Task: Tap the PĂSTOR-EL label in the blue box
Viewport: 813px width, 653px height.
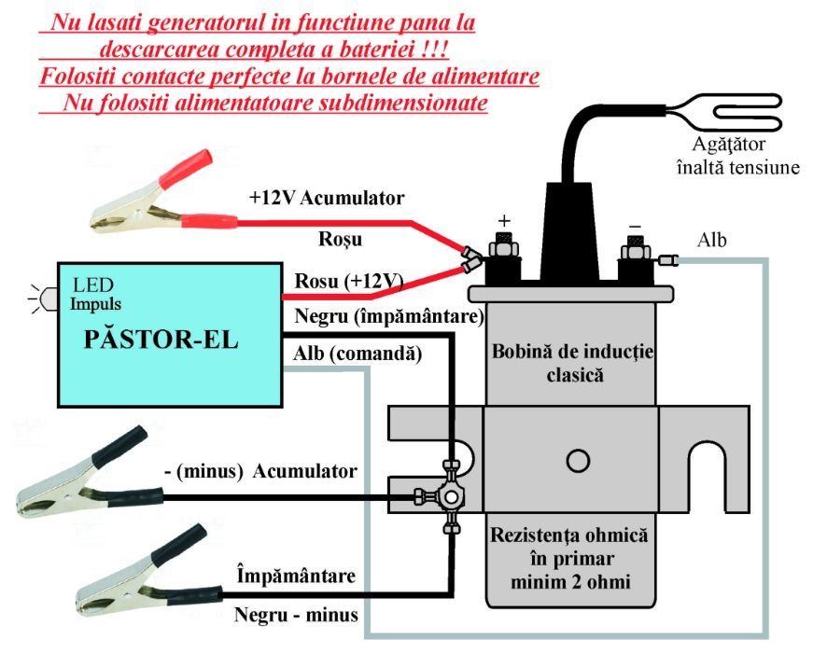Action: [161, 339]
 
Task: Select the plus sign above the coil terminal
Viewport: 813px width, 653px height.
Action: [504, 221]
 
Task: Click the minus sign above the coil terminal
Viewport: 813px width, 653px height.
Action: [634, 226]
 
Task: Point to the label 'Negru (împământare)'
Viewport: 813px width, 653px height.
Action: [388, 317]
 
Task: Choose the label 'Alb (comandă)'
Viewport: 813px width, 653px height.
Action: [357, 354]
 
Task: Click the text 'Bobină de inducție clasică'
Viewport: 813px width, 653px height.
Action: [572, 364]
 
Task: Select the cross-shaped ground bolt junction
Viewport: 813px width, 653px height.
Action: [453, 495]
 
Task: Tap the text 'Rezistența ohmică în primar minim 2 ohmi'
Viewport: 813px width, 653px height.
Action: [572, 560]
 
